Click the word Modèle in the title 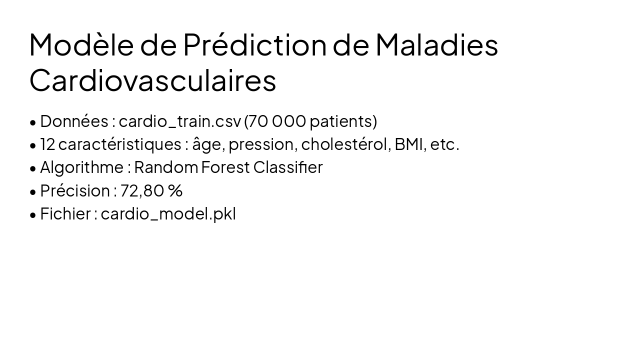[x=81, y=44]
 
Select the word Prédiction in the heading [x=254, y=44]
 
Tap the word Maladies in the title [x=436, y=44]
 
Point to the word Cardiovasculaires [x=152, y=80]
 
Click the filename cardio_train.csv [x=179, y=121]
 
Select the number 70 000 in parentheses [x=276, y=121]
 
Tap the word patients [x=343, y=121]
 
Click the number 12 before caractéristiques [x=47, y=144]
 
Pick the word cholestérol [x=345, y=144]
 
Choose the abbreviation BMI [x=408, y=144]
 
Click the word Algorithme [x=81, y=167]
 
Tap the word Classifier [x=288, y=167]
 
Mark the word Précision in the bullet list [x=75, y=190]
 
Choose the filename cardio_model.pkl [x=168, y=214]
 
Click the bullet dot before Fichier [x=33, y=215]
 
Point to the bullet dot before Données [x=33, y=122]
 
